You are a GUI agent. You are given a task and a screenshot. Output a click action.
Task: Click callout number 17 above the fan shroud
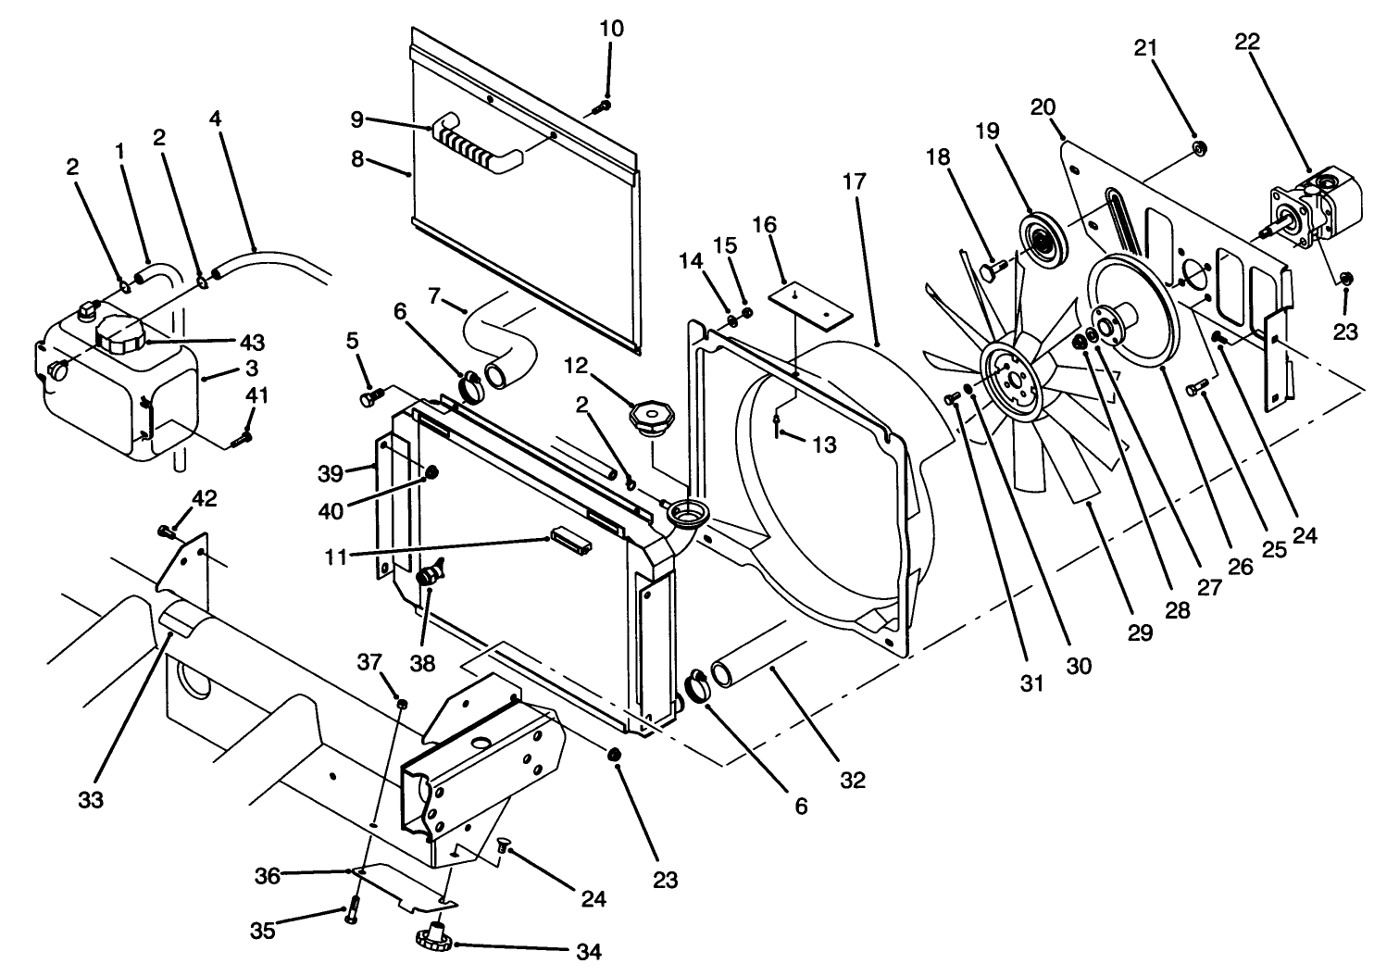click(x=854, y=181)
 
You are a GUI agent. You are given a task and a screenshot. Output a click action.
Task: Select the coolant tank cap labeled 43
click(x=119, y=334)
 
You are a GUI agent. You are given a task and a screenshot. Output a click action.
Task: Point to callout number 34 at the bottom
click(x=588, y=951)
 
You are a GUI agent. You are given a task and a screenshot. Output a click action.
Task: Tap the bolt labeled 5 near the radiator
click(x=368, y=398)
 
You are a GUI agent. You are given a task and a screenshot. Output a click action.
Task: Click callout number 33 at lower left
click(x=91, y=798)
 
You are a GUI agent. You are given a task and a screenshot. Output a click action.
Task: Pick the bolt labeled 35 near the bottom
click(x=353, y=911)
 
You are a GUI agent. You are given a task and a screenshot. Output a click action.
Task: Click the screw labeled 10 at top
click(x=600, y=107)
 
